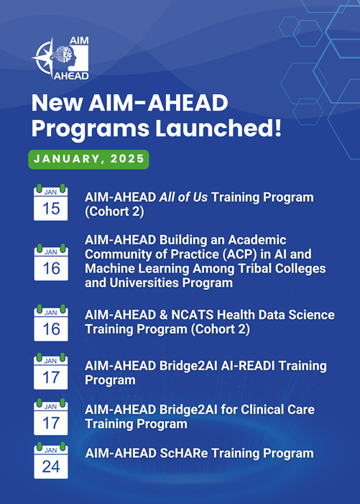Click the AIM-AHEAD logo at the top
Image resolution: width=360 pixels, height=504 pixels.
click(x=61, y=58)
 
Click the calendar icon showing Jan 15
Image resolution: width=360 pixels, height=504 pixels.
click(x=51, y=203)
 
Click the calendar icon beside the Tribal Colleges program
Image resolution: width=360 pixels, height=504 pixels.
click(x=51, y=262)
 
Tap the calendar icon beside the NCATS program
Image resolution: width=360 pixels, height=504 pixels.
click(x=51, y=323)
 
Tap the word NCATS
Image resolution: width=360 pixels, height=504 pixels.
click(x=185, y=315)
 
